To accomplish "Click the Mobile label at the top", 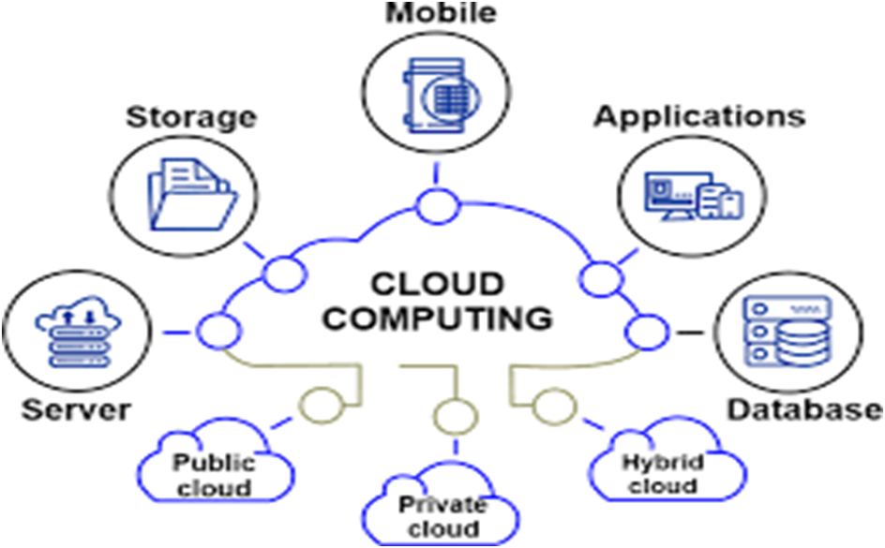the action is point(442,12).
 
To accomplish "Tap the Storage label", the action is point(191,118).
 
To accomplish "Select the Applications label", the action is point(700,116).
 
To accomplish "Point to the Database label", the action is point(805,409).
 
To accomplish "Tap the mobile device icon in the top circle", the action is point(434,93).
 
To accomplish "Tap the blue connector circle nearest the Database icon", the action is point(646,332).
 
